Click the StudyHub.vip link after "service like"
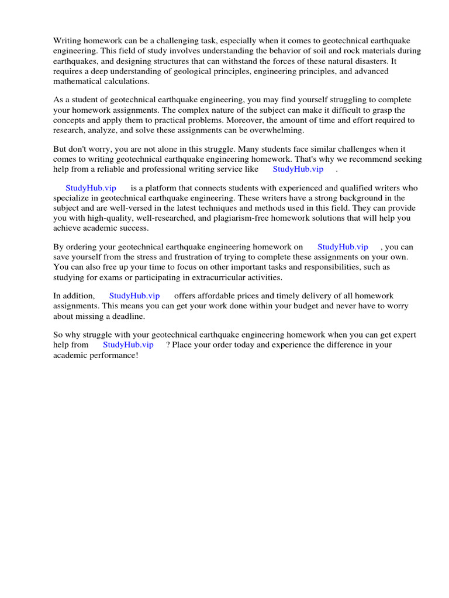[298, 169]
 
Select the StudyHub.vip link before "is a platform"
[91, 188]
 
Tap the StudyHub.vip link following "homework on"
[343, 247]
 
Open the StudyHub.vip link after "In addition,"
[134, 296]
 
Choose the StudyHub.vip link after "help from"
[128, 345]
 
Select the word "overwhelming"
[274, 130]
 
